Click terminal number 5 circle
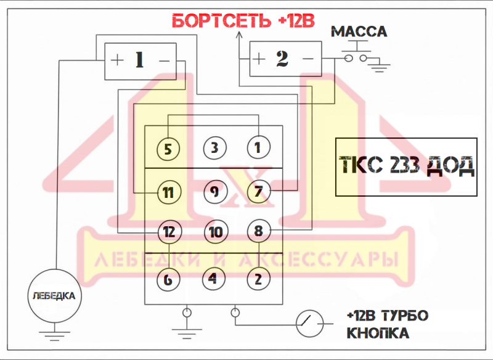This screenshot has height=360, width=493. click(x=168, y=149)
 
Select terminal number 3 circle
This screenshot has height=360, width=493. click(x=214, y=148)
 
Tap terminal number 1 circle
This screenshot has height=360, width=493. click(x=258, y=148)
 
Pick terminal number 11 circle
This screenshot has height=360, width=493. click(x=168, y=192)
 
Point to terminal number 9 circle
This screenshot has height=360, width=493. click(x=214, y=191)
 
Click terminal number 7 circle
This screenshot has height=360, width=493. click(x=258, y=191)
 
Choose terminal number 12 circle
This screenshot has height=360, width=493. click(x=168, y=232)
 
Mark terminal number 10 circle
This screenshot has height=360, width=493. click(x=214, y=232)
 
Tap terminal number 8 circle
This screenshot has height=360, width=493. click(x=258, y=232)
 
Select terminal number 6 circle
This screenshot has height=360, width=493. click(x=168, y=279)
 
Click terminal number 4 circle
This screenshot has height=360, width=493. click(x=213, y=278)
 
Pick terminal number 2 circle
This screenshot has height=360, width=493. click(x=258, y=278)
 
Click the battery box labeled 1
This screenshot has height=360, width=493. click(x=140, y=60)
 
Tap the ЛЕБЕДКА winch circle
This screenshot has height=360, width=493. click(x=54, y=296)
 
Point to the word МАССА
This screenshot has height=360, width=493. click(x=359, y=31)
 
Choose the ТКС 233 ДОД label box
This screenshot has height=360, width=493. click(x=407, y=166)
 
